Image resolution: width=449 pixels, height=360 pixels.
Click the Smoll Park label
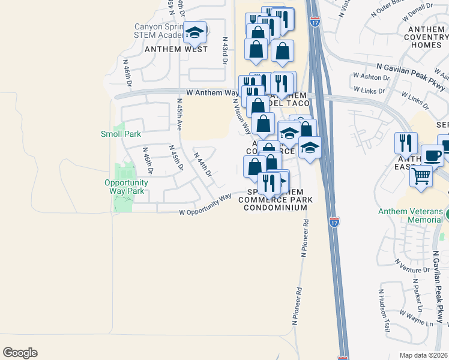(121, 134)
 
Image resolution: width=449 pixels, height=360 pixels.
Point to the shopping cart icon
(421, 176)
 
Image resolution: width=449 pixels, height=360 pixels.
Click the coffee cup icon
(432, 155)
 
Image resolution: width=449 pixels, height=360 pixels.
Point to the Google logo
(20, 353)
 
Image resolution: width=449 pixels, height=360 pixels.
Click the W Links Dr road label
(367, 89)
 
